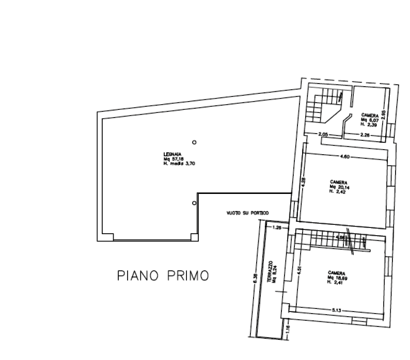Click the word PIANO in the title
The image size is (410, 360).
coord(137,276)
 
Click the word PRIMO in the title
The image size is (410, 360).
coord(188,276)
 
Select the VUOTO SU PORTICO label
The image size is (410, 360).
coord(248,213)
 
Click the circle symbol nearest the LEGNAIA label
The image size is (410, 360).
coord(194,142)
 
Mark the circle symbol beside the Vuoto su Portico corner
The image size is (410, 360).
coord(194,203)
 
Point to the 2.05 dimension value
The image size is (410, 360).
coord(324,135)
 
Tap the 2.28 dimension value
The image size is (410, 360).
coord(365,135)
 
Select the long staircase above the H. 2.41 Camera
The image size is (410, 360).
coord(330,240)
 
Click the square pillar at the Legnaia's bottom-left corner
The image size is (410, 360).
coord(108,237)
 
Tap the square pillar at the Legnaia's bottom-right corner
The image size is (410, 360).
coord(194,237)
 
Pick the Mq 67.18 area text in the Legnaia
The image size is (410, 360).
coord(174,158)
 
